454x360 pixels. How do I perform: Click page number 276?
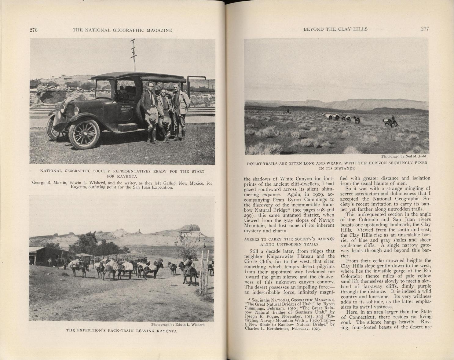click(33, 30)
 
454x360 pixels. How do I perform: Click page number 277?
click(425, 29)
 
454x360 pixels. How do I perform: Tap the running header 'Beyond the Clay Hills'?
click(335, 29)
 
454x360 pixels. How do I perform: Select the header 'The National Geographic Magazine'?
click(122, 30)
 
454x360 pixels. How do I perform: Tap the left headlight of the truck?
click(63, 108)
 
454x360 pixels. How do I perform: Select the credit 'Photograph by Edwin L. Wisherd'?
click(178, 325)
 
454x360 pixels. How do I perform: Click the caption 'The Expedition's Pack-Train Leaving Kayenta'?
click(121, 331)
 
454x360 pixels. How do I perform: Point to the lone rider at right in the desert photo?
click(392, 121)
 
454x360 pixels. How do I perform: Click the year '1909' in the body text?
click(312, 194)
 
